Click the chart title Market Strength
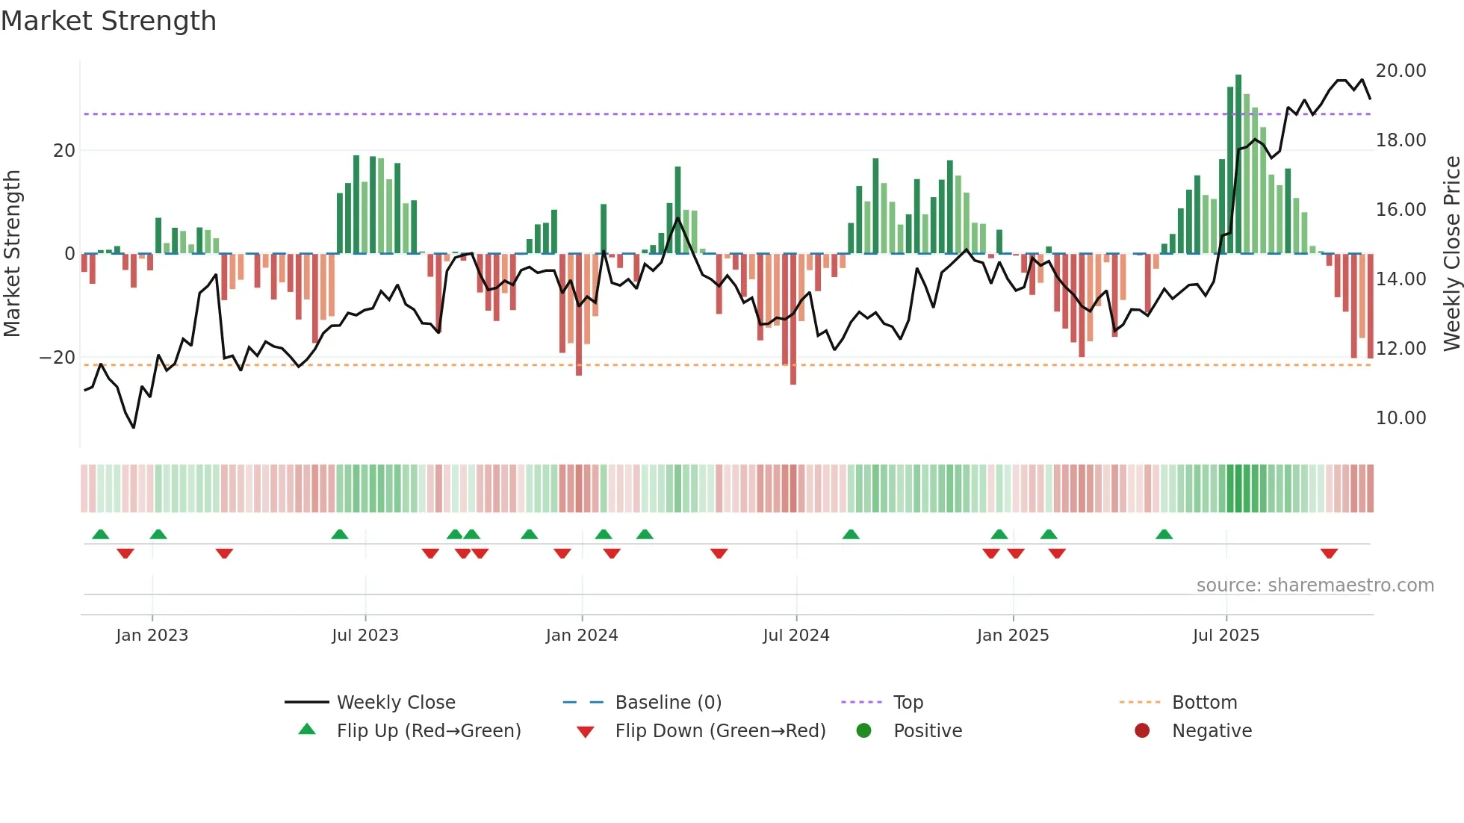click(108, 21)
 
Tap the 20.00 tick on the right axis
click(1401, 71)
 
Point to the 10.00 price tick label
click(1401, 418)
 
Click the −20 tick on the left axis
click(58, 358)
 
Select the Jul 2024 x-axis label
click(795, 636)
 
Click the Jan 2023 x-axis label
click(152, 636)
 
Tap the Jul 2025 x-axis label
click(1226, 636)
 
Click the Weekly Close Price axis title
click(1451, 254)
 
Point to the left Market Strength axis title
click(12, 254)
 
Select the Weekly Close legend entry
click(395, 703)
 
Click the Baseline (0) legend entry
click(668, 703)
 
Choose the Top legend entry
click(908, 703)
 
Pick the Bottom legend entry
click(1204, 703)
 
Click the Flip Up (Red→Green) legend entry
click(428, 731)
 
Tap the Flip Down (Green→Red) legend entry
click(719, 731)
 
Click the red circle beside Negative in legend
click(1142, 731)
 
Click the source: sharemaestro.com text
click(1315, 586)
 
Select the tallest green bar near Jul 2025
click(1238, 164)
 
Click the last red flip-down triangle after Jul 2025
click(1329, 553)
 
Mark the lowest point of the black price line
click(134, 427)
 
